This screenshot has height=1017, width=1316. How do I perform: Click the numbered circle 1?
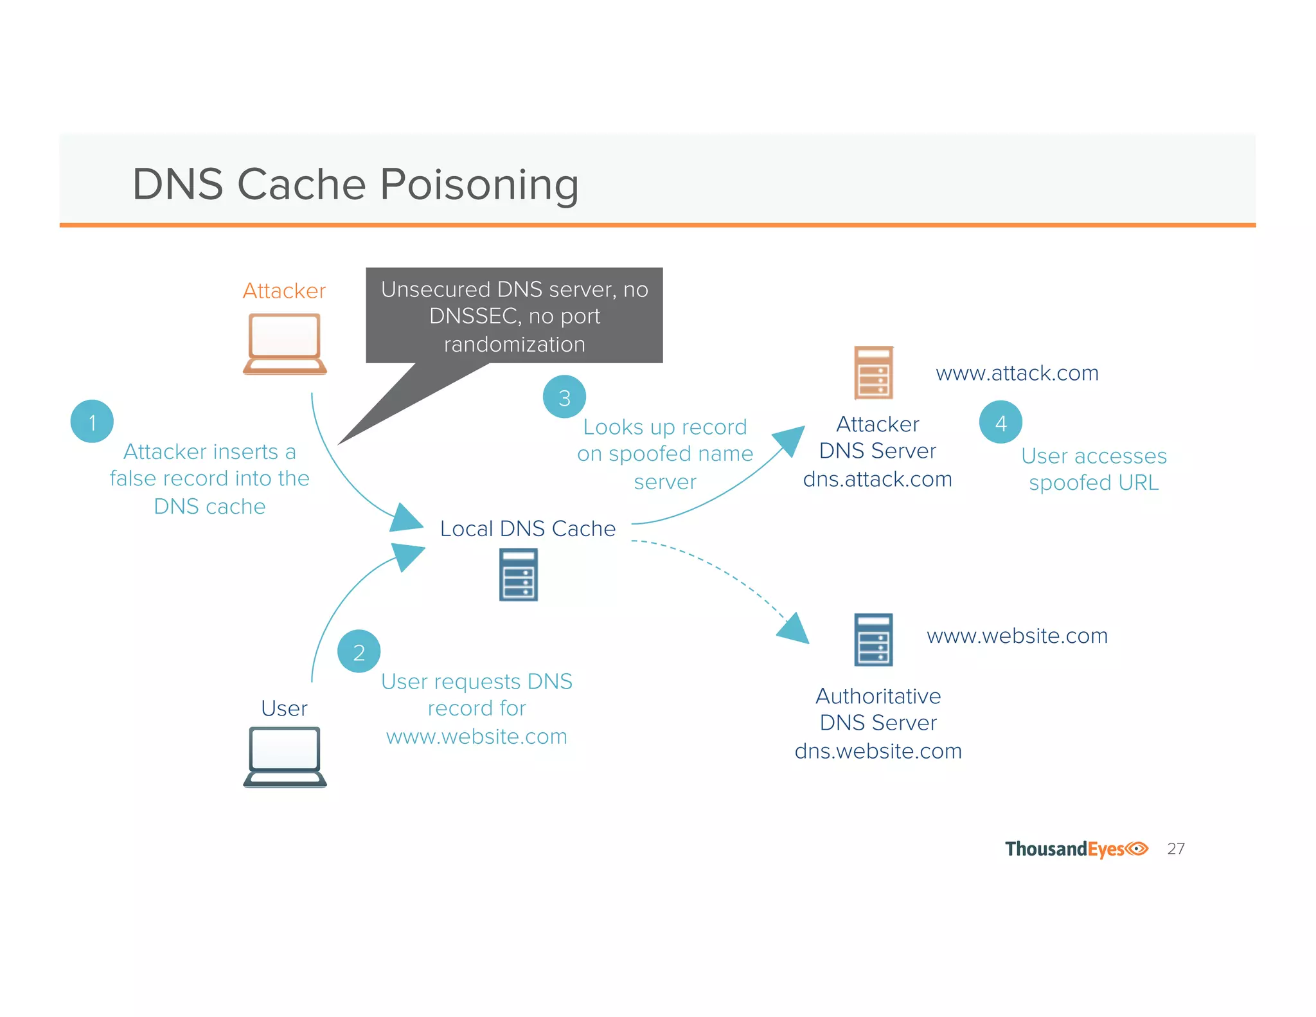pos(92,422)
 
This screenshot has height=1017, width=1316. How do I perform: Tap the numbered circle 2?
pos(359,651)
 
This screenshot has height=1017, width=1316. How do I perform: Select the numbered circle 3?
pos(564,397)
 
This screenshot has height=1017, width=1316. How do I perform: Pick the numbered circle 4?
pos(1000,422)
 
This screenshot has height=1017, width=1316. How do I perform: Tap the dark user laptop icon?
pos(285,757)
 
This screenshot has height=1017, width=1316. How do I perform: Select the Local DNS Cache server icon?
pos(519,575)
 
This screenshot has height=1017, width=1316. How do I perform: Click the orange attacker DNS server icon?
pos(873,373)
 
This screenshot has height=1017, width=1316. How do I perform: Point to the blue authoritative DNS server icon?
pos(873,640)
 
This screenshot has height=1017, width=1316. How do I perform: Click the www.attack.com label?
pos(1017,373)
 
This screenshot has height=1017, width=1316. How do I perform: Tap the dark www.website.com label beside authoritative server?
pos(1017,636)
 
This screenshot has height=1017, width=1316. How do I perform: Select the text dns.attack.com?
pos(877,479)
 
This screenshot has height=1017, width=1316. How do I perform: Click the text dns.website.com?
pos(878,751)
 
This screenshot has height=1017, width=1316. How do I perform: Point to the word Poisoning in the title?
pos(479,185)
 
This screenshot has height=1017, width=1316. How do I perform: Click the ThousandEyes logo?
pos(1076,849)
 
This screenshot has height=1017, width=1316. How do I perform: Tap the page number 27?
pos(1176,849)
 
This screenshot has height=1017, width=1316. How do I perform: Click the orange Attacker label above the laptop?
pos(284,291)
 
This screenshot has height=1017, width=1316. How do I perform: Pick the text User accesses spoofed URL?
pos(1094,469)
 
